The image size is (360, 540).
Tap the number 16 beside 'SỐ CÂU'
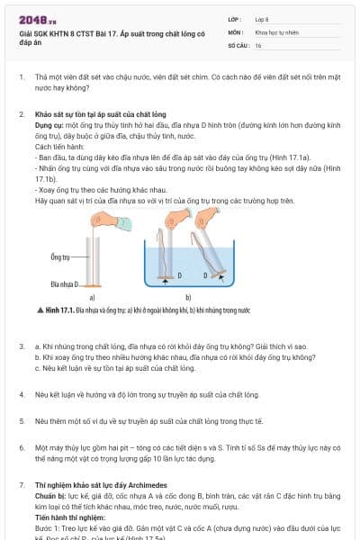pyautogui.click(x=258, y=44)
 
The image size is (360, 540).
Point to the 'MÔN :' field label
pyautogui.click(x=236, y=31)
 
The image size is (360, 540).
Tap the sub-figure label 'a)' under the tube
pyautogui.click(x=92, y=297)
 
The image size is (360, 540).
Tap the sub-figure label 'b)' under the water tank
pyautogui.click(x=187, y=297)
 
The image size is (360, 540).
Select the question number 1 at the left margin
pyautogui.click(x=22, y=78)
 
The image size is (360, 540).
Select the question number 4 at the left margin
pyautogui.click(x=22, y=394)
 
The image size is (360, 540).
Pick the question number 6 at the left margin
pyautogui.click(x=22, y=446)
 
